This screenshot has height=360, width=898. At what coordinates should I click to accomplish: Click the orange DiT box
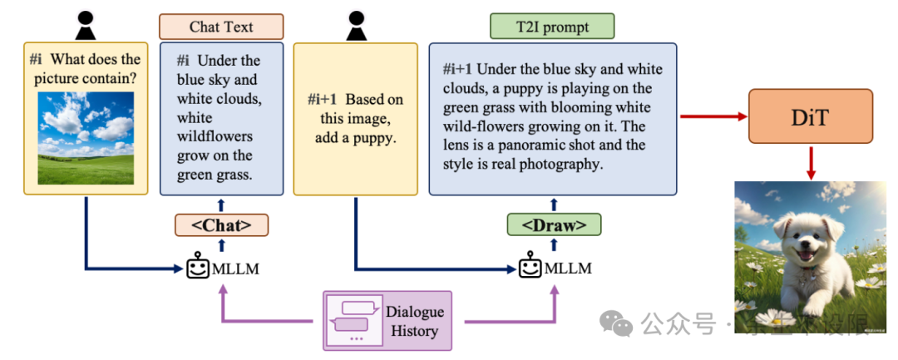point(812,116)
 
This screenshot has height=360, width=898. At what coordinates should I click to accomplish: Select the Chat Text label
point(221,27)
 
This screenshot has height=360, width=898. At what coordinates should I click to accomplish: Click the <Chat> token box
point(222,224)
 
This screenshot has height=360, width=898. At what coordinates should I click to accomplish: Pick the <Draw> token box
point(554,224)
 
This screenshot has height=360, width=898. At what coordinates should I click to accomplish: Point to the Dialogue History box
point(387,320)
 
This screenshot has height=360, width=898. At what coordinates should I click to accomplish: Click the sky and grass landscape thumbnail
point(86,137)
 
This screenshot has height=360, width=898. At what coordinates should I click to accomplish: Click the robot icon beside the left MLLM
point(197,269)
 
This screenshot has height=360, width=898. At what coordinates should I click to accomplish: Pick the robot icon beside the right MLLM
point(530,269)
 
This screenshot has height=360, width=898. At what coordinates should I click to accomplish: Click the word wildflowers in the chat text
point(215,136)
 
